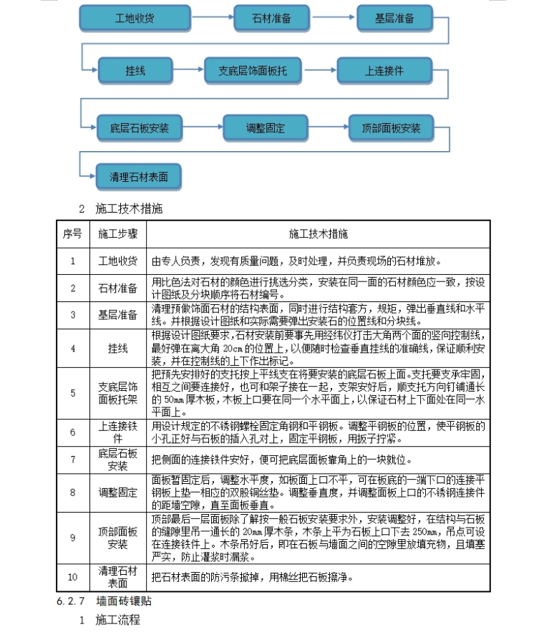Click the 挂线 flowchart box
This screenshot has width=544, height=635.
coord(135,71)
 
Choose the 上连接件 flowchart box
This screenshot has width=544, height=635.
coord(384,71)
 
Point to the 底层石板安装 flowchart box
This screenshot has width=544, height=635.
coord(140,128)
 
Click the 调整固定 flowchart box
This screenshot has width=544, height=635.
coord(265,128)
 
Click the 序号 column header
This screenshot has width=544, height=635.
coord(72,234)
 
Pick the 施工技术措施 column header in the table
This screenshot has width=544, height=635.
coord(319,234)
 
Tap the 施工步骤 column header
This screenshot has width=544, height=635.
coord(118,234)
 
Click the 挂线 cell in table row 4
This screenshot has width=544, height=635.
coord(118,348)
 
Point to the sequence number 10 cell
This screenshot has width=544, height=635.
coord(72,577)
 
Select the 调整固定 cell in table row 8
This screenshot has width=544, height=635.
coord(118,493)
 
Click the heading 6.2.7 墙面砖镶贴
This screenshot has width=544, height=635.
coord(105,601)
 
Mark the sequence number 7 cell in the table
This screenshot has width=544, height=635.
coord(72,459)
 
